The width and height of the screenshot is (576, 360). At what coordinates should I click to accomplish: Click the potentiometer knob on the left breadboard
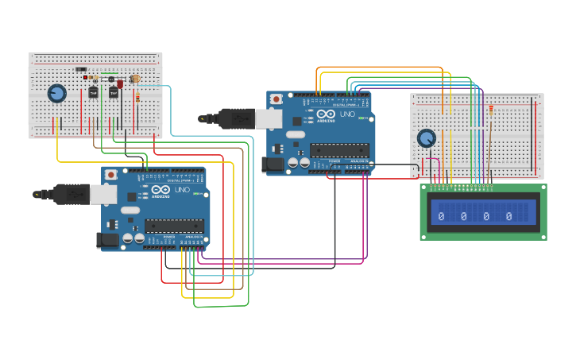coord(57,94)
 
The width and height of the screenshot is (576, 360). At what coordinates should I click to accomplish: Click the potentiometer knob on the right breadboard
coord(427,138)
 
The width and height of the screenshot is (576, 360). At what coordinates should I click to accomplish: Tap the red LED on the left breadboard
coord(120,83)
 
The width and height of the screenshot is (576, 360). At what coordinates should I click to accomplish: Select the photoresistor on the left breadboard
coord(135,79)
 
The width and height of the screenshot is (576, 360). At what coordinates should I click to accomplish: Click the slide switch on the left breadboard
coord(80,69)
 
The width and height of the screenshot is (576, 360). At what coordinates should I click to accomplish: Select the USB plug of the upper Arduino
coord(238,118)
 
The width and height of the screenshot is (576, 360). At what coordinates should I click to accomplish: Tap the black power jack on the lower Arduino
coord(106,239)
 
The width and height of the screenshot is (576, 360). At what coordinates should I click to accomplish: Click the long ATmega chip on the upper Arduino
coord(339,150)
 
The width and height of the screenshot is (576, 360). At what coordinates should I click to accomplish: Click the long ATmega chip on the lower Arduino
coord(174,226)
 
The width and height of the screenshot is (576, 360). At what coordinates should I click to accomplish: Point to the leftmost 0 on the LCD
coord(441,215)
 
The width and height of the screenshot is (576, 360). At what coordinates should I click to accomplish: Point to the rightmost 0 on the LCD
coord(508,215)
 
